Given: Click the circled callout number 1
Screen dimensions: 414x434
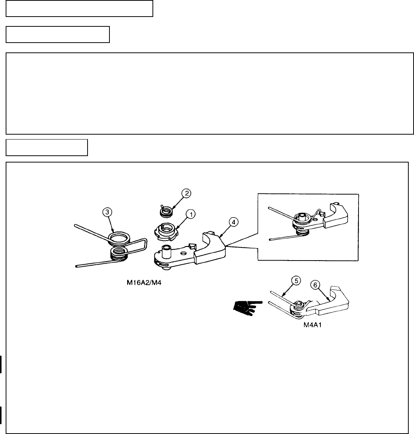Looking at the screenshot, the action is point(191,214).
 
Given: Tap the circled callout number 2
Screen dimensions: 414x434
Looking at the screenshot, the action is point(186,193).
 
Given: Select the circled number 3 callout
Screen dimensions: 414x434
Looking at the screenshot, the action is point(108,212).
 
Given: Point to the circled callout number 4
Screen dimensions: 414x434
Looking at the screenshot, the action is point(234,222).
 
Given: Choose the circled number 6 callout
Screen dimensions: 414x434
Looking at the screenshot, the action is point(314,285).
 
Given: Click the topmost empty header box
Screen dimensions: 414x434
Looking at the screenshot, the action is point(79,9).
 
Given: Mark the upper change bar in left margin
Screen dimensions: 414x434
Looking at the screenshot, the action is point(2,363).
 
